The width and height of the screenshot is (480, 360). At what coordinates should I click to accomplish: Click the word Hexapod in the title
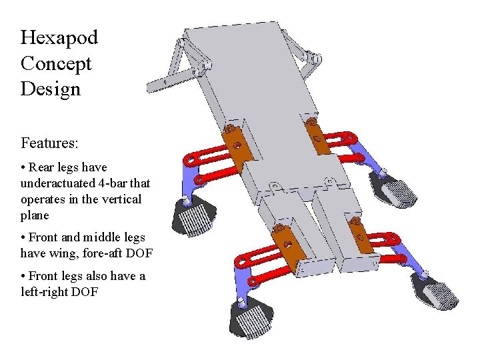point(59,38)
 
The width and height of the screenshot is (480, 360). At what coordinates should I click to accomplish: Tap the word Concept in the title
point(56,64)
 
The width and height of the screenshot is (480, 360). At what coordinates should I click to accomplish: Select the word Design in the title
point(51,89)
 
